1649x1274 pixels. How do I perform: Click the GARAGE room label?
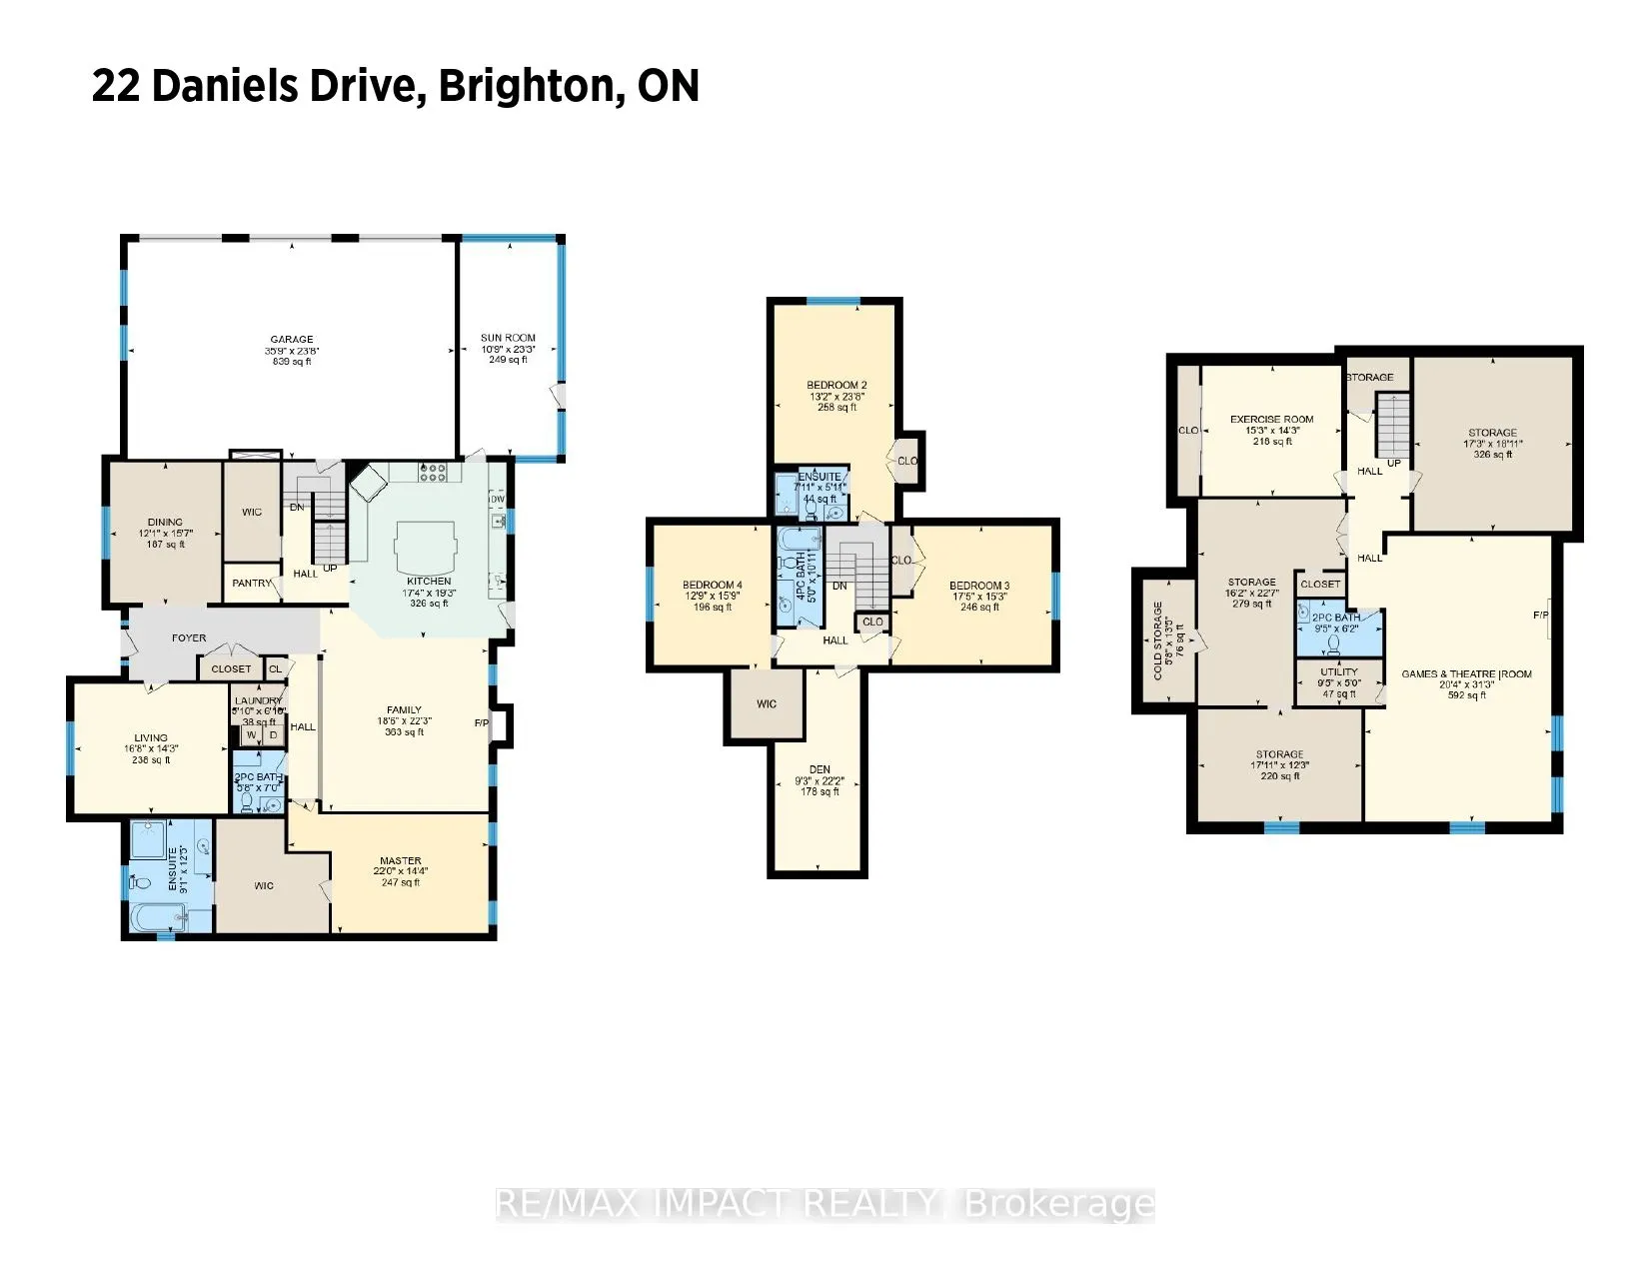(292, 340)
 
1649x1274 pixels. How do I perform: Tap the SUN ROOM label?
(508, 339)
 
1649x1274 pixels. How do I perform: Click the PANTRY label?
(252, 584)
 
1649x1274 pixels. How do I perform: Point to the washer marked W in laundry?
(251, 735)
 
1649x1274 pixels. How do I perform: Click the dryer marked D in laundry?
(272, 735)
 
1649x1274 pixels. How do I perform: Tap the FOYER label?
(189, 637)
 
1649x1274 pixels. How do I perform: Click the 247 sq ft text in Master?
(400, 882)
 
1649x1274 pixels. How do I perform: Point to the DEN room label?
(820, 769)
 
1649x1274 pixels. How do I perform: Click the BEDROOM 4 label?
(713, 586)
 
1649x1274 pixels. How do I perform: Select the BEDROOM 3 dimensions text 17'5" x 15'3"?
(979, 597)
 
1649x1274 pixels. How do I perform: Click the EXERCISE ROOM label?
(1271, 420)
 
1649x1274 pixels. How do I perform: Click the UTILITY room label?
(1339, 672)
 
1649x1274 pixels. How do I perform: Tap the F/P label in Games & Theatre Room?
(1540, 616)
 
